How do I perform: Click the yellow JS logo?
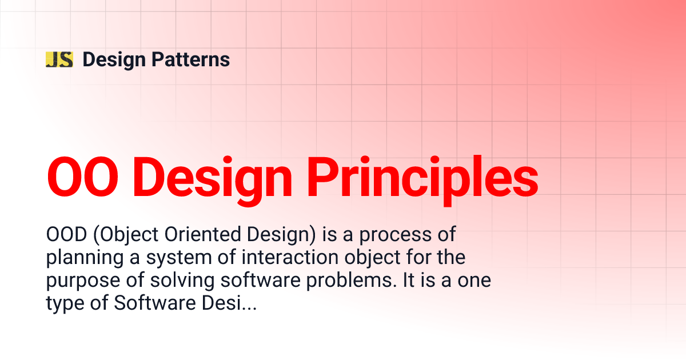59,59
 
